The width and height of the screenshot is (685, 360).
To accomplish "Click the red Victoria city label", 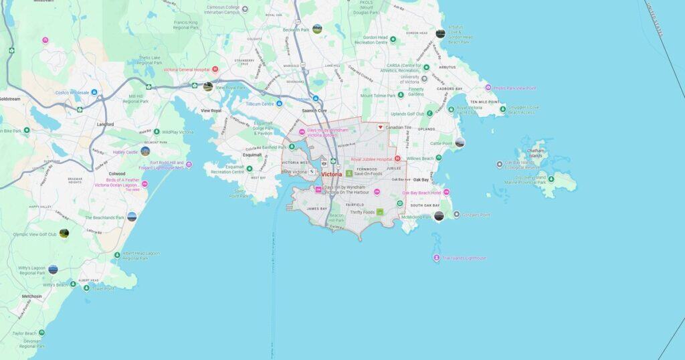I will tap(332, 174).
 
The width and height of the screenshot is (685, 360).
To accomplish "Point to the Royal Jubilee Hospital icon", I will tap(397, 159).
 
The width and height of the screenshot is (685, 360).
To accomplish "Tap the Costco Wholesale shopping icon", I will tap(94, 92).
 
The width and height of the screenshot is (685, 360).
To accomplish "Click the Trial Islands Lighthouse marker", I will tap(437, 258).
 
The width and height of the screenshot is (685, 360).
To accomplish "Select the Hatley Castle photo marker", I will tap(144, 152).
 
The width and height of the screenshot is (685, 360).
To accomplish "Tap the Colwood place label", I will tap(117, 174).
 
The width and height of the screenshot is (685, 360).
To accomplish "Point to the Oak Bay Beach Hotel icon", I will tap(446, 193).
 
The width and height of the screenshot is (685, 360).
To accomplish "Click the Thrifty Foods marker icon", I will tap(381, 212).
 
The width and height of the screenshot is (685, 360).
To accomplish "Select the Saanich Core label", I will tap(313, 110).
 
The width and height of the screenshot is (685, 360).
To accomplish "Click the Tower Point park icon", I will tap(86, 288).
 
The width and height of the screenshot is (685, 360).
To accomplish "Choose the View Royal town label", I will tap(211, 110).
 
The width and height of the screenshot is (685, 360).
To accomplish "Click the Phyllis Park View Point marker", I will tap(488, 88).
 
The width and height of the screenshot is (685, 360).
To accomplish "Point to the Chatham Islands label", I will tap(535, 153).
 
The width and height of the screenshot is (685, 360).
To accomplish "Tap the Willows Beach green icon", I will tap(439, 158).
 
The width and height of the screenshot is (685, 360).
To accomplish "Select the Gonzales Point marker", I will tap(457, 215).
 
